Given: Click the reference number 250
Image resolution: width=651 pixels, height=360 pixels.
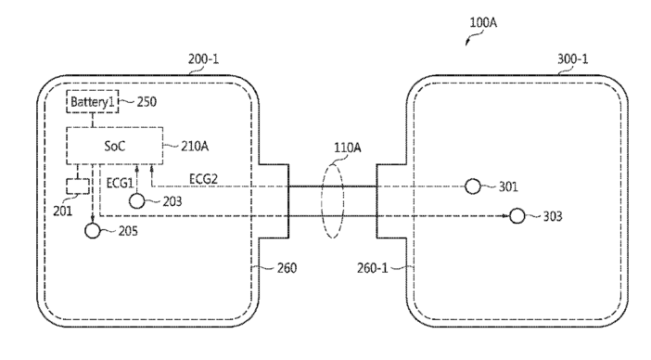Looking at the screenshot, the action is tap(147, 102).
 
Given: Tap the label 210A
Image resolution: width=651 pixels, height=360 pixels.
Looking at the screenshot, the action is tap(195, 147).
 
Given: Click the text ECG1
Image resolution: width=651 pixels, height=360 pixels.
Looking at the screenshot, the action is tap(120, 183).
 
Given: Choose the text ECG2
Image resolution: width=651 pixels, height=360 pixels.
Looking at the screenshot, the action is tap(203, 179).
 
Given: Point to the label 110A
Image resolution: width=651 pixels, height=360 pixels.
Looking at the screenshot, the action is tap(348, 148).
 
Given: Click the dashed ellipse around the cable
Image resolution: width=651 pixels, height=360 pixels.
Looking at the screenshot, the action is tap(321, 201).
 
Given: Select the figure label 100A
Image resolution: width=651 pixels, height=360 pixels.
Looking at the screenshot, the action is tap(483, 22).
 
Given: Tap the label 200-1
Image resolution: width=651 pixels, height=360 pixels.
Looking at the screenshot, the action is tap(203, 59).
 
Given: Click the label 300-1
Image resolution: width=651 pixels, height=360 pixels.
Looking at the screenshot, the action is tap(572, 59).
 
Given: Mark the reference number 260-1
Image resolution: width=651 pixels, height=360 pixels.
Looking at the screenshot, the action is tap(373, 268).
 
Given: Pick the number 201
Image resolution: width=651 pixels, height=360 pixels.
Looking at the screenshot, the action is tap(63, 212).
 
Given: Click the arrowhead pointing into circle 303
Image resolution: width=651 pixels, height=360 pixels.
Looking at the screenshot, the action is tap(505, 216).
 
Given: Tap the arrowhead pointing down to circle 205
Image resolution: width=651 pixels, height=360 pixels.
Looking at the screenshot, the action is tap(93, 219).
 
